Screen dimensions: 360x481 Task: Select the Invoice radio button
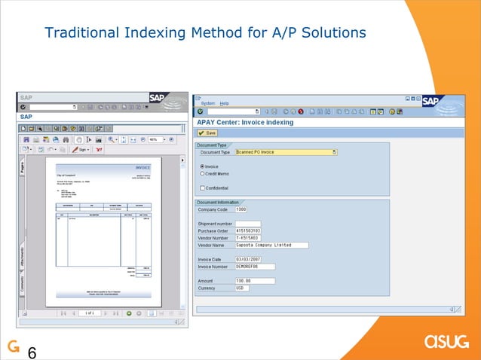(202, 166)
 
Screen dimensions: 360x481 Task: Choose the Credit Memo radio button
(202, 173)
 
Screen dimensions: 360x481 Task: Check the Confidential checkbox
(202, 188)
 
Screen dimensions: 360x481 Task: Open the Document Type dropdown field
(286, 151)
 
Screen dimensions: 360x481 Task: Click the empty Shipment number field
(248, 224)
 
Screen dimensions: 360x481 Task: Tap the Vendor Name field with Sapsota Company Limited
(271, 245)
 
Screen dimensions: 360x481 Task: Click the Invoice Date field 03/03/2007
(251, 259)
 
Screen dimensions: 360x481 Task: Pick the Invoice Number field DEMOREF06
(255, 266)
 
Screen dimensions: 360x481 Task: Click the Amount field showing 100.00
(255, 281)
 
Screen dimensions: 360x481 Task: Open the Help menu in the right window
(225, 103)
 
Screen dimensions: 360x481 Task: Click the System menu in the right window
(208, 103)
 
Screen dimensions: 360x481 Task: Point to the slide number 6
(32, 351)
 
